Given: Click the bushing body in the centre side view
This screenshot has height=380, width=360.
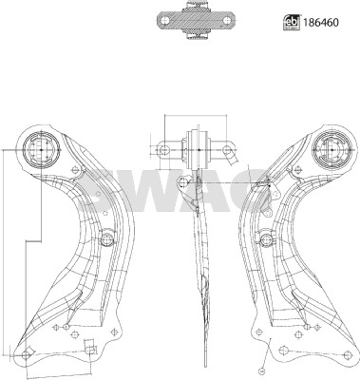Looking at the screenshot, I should click(x=197, y=148).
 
